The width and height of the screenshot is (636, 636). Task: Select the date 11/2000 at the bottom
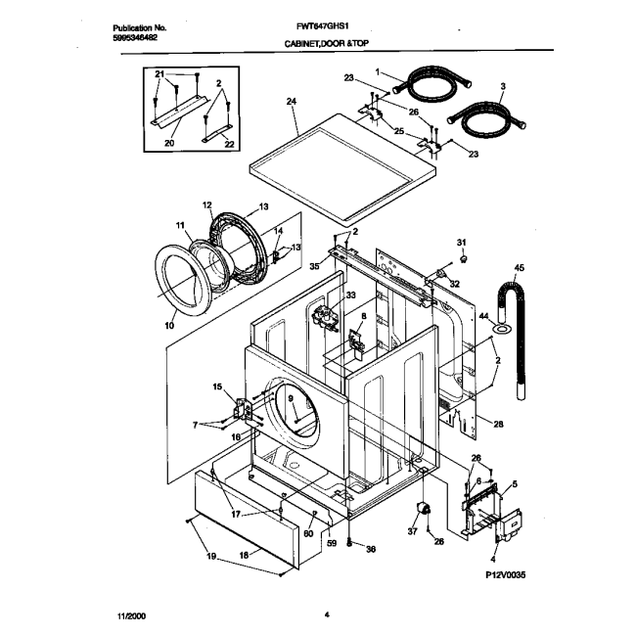click(x=129, y=614)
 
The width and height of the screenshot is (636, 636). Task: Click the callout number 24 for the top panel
click(x=292, y=102)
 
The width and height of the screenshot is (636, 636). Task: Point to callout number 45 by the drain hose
click(x=519, y=267)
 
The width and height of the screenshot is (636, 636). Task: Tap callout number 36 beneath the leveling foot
click(x=372, y=549)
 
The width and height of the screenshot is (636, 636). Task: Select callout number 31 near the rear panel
click(x=462, y=242)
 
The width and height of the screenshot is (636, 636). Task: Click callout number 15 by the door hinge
click(x=218, y=387)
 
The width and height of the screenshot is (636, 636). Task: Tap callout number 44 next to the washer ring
click(x=482, y=316)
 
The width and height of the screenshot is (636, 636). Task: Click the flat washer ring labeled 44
click(x=501, y=330)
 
